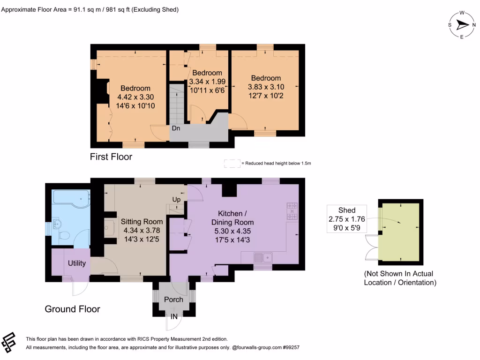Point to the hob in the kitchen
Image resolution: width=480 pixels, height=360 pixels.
click(x=292, y=211)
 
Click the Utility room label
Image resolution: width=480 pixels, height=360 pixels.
click(x=77, y=263)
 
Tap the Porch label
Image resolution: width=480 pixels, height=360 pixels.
click(x=173, y=299)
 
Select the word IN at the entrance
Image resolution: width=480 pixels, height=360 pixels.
click(x=174, y=317)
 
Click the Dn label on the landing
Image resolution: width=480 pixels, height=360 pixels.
click(x=176, y=128)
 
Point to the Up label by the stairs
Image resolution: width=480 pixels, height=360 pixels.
click(x=177, y=199)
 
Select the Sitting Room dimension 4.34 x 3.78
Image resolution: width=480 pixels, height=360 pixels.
click(x=142, y=231)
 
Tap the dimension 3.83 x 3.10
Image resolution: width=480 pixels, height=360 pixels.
click(x=266, y=87)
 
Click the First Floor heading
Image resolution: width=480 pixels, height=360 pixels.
click(x=111, y=157)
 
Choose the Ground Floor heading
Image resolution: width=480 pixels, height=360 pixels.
click(x=72, y=309)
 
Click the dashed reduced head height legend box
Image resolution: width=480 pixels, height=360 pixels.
click(x=232, y=163)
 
